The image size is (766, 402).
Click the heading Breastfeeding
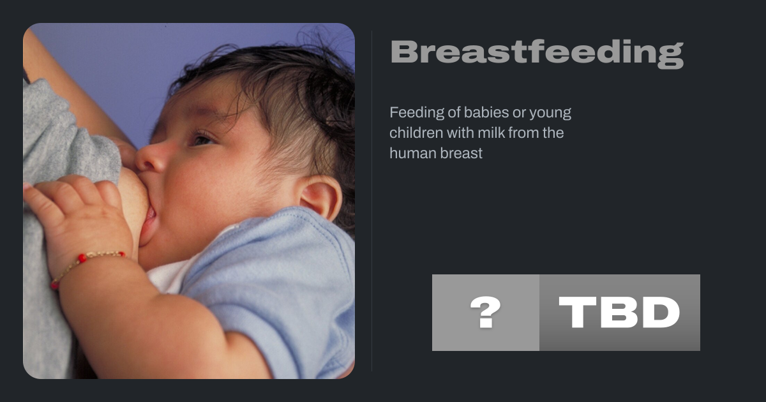(x=537, y=54)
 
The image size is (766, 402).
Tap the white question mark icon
(x=486, y=312)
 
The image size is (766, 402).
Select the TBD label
(x=619, y=313)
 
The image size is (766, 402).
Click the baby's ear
(x=320, y=198)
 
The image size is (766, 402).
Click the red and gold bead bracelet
(x=86, y=267)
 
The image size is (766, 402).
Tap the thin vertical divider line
(x=372, y=201)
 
